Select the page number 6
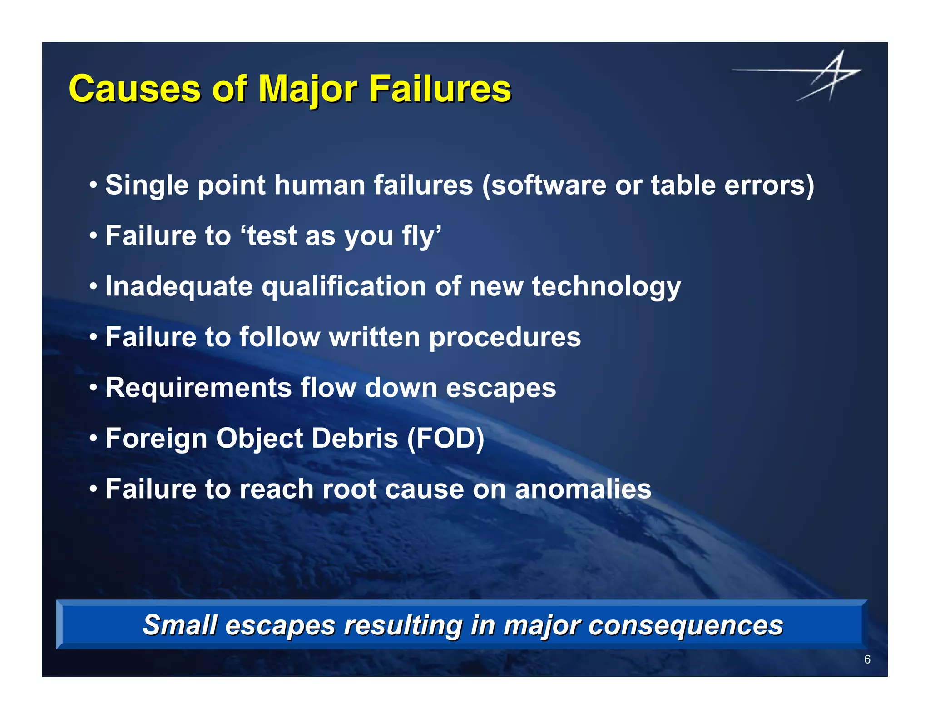tap(867, 659)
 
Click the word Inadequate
tap(179, 287)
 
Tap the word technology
tap(606, 287)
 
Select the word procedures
tap(505, 337)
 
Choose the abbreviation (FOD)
tap(445, 439)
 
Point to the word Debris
tap(355, 439)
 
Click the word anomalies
tap(583, 489)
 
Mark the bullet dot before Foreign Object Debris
tap(94, 439)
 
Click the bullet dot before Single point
tap(94, 185)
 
